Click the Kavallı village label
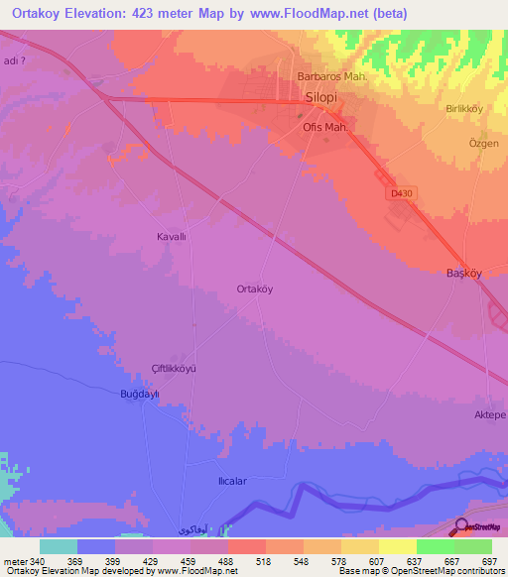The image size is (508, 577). coord(173,237)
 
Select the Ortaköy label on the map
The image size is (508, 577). coord(255,289)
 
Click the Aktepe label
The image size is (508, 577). coord(490,413)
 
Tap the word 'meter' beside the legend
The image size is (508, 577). coord(16,560)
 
